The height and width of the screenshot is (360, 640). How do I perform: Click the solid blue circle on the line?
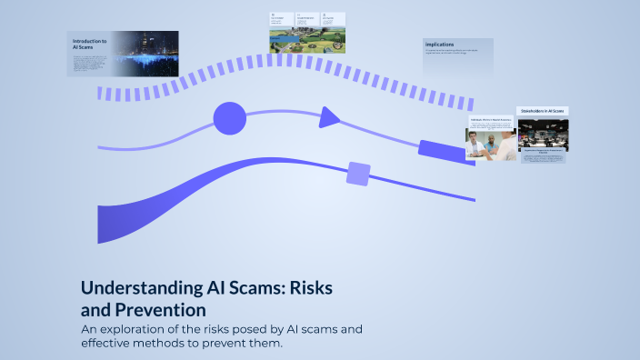coord(229,117)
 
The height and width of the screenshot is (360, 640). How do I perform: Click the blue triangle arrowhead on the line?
coord(329,116)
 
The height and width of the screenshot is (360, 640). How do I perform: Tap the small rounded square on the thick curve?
coord(358,173)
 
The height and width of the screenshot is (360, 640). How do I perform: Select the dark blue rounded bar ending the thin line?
coord(442,150)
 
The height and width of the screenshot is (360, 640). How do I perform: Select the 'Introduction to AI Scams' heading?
coord(88,45)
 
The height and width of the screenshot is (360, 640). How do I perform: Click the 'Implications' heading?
coord(439,44)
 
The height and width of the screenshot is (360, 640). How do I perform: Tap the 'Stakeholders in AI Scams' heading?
coord(542,110)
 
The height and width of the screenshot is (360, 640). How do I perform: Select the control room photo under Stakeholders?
coord(542,134)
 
